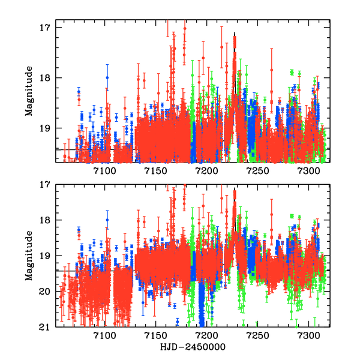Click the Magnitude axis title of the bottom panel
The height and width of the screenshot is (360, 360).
(x=29, y=256)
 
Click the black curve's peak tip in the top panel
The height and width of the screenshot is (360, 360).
(x=235, y=32)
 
